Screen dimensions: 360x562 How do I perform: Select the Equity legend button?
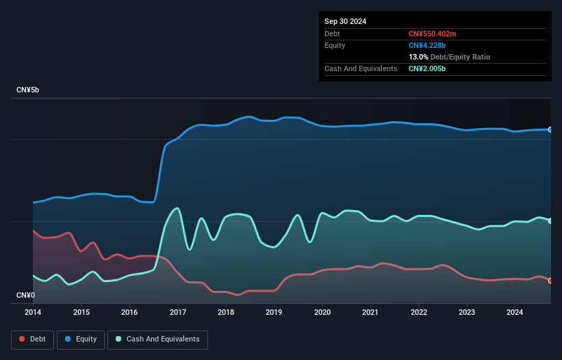[x=81, y=339]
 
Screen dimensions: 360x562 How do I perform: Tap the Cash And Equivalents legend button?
[x=157, y=339]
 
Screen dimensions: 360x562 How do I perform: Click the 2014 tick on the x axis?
[x=33, y=313]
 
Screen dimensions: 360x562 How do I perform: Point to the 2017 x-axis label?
[x=178, y=313]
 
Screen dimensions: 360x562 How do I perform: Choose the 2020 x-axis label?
[x=322, y=313]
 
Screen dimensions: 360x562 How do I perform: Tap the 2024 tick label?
[x=515, y=313]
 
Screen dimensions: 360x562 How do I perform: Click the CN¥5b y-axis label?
[x=28, y=90]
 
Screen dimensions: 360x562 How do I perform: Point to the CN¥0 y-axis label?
[x=26, y=295]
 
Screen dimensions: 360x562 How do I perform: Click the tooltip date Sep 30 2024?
[x=346, y=21]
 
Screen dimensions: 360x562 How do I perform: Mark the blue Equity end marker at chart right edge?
[x=550, y=129]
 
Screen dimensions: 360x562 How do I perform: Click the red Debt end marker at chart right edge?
[x=550, y=281]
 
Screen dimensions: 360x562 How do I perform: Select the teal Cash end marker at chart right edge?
[x=550, y=220]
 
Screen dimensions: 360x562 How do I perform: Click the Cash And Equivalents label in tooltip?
[x=361, y=68]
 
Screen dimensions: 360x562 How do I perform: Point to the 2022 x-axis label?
[x=418, y=313]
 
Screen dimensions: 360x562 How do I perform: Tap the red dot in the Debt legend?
[x=23, y=339]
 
